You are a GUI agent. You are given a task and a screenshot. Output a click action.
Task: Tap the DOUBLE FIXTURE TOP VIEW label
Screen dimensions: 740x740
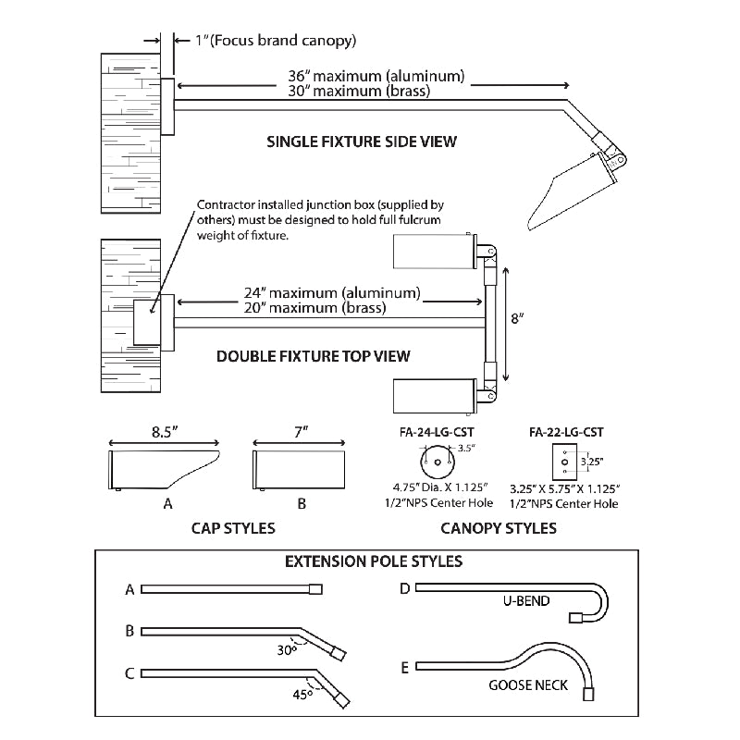(313, 355)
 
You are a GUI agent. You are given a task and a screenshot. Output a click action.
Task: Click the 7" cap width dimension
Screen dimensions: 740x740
(299, 431)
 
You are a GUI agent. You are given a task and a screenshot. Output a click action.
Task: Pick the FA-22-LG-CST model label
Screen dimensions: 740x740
(567, 431)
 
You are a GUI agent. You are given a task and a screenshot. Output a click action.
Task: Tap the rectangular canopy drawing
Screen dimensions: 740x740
(561, 460)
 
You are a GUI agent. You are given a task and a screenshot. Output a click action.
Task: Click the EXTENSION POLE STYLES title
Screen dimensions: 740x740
(374, 561)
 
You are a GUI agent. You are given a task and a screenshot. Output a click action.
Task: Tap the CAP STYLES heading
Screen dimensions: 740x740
(234, 529)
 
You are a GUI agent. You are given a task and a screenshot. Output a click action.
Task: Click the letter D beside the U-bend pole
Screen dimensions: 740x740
(405, 588)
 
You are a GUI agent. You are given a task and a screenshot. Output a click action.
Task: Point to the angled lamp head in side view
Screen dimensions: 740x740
(570, 190)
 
